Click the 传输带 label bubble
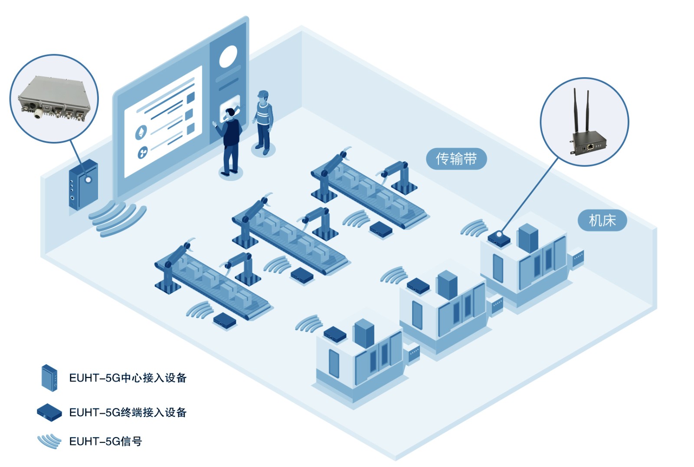tap(456, 159)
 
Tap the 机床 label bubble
tap(602, 220)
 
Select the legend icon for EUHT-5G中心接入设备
tap(49, 378)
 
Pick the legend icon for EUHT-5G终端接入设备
tap(49, 412)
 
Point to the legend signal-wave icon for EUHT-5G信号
tap(49, 441)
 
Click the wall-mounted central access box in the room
tap(83, 185)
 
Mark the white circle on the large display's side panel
tap(228, 57)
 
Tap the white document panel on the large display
tap(163, 122)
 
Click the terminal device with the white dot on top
tap(499, 238)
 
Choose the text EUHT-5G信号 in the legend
tap(105, 441)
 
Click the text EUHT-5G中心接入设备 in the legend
tap(128, 378)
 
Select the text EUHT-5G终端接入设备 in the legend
tap(128, 412)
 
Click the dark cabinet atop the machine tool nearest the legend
tap(364, 333)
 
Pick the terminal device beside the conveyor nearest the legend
tap(225, 320)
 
